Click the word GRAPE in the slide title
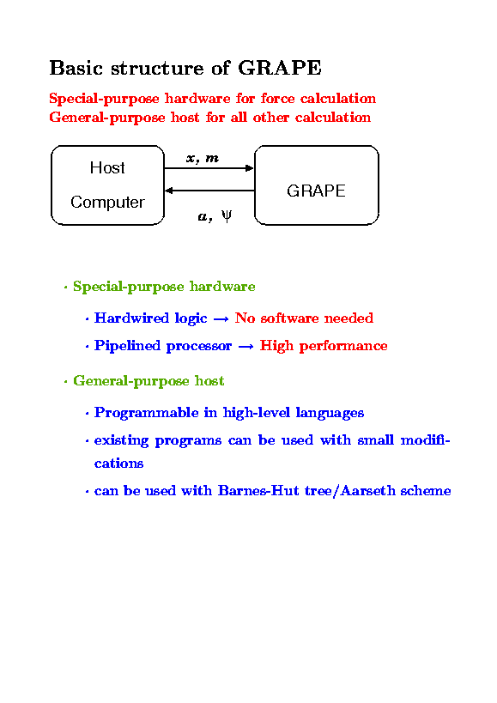tap(280, 68)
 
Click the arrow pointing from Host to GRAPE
tap(209, 168)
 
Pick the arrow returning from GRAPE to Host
tap(209, 191)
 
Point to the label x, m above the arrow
tap(203, 158)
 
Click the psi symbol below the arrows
tap(227, 216)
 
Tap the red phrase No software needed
tap(304, 318)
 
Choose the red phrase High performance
tap(324, 346)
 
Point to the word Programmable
tap(147, 413)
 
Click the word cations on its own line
tap(118, 464)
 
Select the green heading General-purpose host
tap(148, 381)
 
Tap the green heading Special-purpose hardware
tap(164, 287)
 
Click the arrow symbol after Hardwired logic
tap(221, 319)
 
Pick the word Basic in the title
tap(76, 68)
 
